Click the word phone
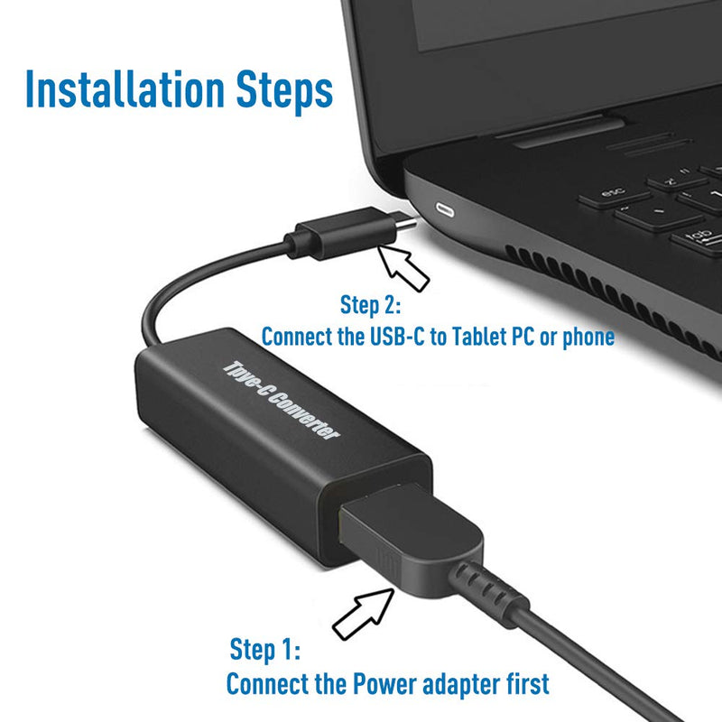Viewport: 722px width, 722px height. coord(588,337)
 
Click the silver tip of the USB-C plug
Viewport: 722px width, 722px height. coord(406,223)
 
